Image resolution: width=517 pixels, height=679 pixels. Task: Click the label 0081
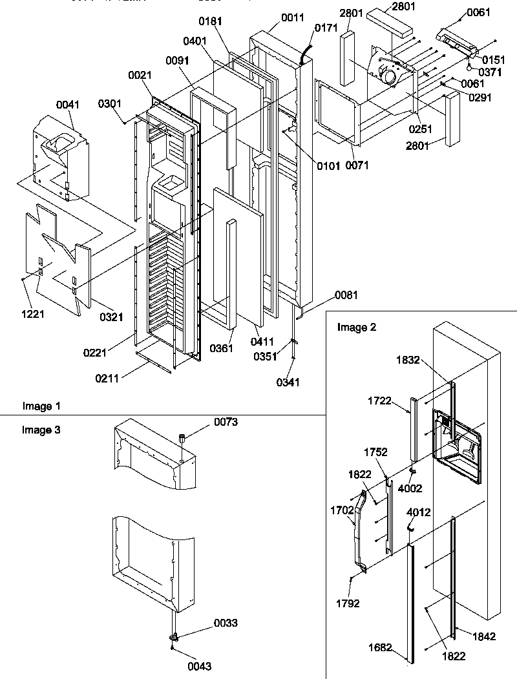[x=345, y=296]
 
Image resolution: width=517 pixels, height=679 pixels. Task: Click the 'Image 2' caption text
[x=355, y=327]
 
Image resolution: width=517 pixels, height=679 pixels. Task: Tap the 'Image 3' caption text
[x=42, y=430]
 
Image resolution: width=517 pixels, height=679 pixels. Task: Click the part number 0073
[x=226, y=423]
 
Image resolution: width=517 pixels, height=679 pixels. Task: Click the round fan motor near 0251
[x=390, y=76]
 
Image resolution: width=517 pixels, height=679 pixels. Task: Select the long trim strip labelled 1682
[x=410, y=601]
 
